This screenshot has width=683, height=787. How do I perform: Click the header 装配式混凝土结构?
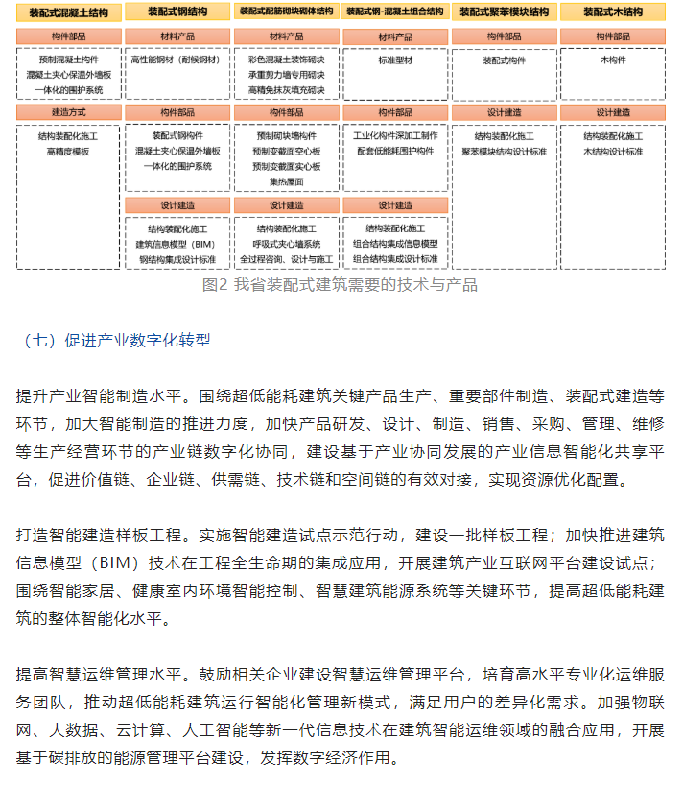pyautogui.click(x=69, y=12)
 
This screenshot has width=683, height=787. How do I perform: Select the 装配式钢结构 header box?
pyautogui.click(x=178, y=12)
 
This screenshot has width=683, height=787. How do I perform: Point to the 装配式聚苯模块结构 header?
pyautogui.click(x=505, y=12)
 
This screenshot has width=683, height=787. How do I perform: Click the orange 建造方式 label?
pyautogui.click(x=69, y=112)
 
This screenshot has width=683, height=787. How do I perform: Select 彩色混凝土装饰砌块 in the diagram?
pyautogui.click(x=286, y=60)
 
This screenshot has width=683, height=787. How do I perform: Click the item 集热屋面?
pyautogui.click(x=286, y=181)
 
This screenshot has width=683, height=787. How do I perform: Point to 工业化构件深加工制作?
pyautogui.click(x=395, y=136)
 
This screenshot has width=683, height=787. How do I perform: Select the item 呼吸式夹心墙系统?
pyautogui.click(x=286, y=244)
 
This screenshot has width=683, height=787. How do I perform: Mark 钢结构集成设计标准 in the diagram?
pyautogui.click(x=178, y=259)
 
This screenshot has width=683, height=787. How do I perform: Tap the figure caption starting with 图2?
pyautogui.click(x=341, y=285)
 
